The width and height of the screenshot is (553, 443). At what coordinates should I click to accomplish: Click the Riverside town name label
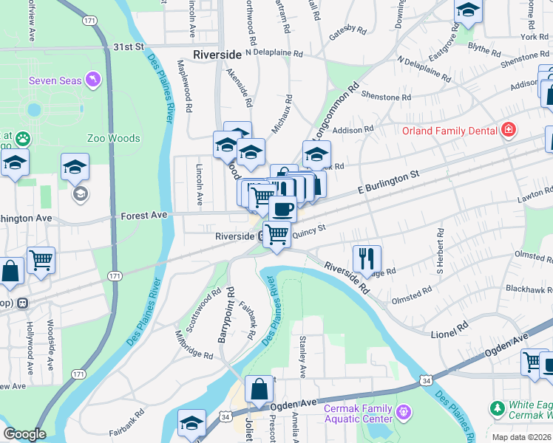217,55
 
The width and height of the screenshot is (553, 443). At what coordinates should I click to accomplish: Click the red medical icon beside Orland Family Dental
508,131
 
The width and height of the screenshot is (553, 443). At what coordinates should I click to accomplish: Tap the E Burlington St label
389,180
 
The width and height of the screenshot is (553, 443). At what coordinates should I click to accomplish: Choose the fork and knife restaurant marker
367,258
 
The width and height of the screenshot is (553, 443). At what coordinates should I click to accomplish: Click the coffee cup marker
282,209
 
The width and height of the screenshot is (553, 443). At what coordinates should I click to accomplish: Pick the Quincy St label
309,232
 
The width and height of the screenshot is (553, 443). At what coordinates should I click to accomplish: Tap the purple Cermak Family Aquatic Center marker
403,411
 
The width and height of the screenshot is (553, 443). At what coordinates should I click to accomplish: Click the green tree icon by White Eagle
498,408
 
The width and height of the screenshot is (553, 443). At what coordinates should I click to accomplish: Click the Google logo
24,434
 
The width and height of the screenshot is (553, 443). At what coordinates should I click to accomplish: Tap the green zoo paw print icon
24,137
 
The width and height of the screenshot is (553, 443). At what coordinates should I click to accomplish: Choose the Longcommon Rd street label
334,111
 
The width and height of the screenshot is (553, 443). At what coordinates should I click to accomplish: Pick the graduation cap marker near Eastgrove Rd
469,10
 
